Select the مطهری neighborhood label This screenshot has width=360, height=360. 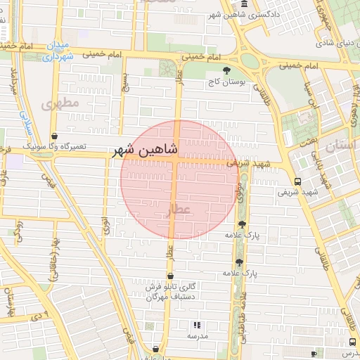(58, 104)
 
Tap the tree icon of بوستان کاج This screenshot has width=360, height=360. (226, 70)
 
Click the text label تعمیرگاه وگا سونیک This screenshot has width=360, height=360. (55, 146)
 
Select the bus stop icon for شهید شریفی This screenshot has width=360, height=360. (297, 180)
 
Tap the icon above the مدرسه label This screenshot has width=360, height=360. (197, 325)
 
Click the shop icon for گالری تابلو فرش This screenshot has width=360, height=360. (171, 276)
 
